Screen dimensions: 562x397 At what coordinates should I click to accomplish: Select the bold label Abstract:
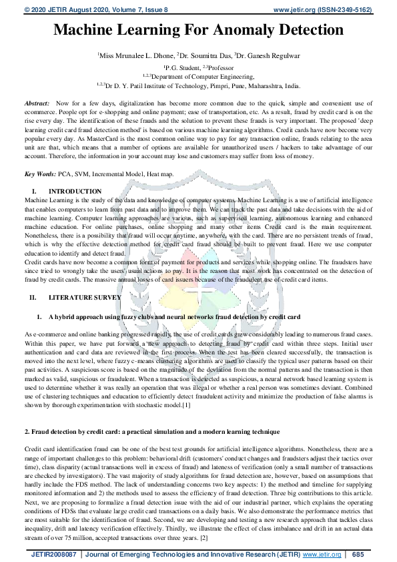click(37, 105)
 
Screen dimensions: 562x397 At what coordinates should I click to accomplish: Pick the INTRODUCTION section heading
click(75, 192)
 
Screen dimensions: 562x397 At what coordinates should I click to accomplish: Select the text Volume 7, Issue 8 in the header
click(129, 10)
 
